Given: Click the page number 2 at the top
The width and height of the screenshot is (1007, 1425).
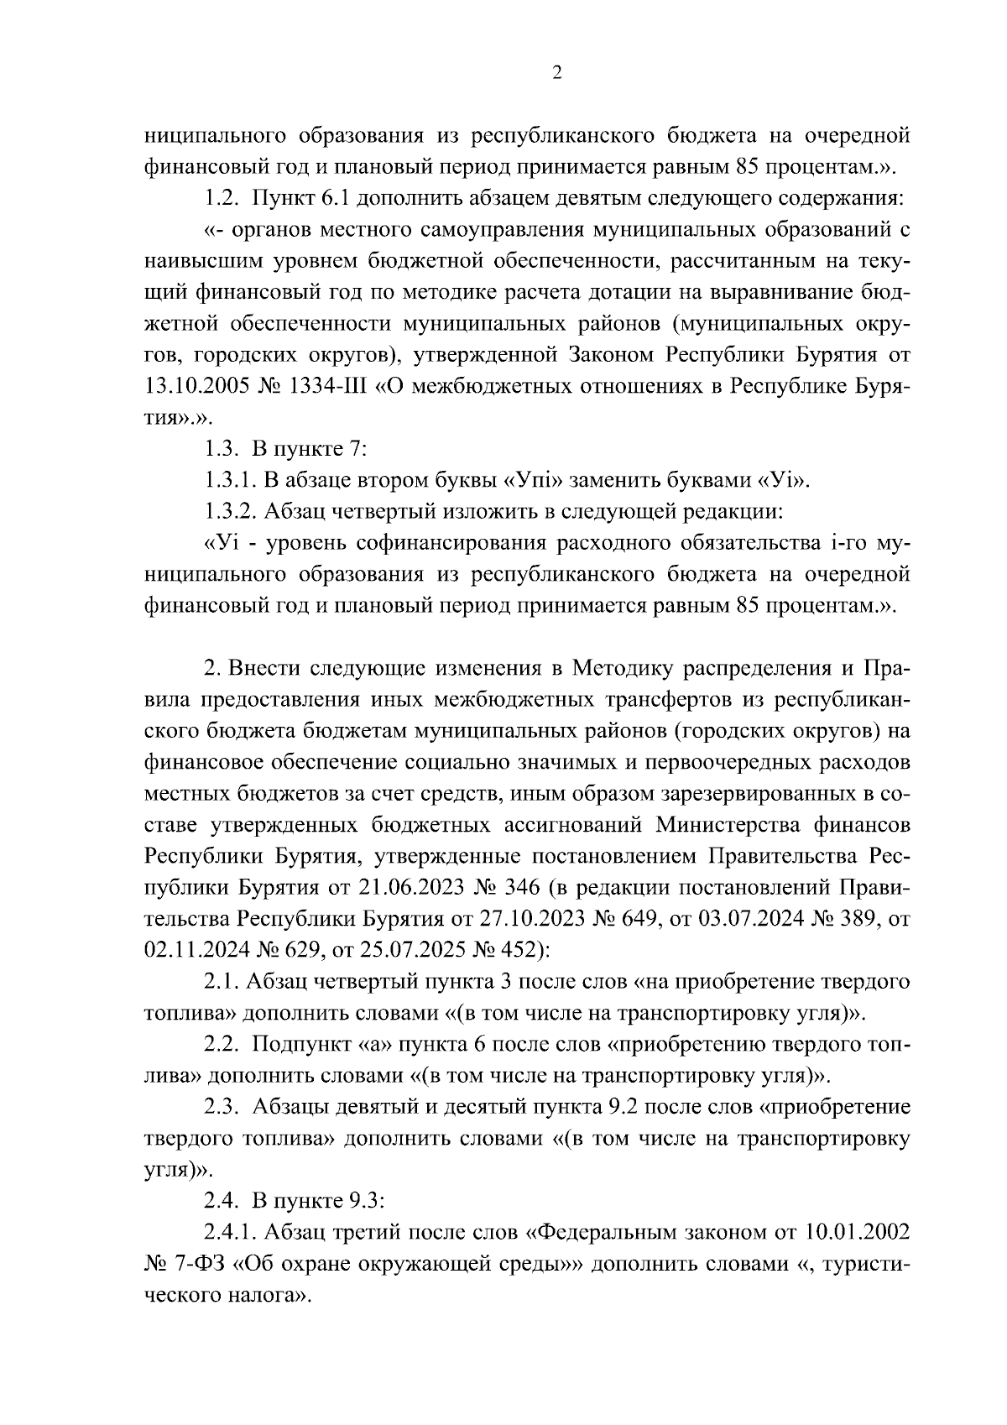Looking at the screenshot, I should click(x=556, y=73).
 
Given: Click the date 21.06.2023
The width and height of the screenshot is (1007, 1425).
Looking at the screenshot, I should click(x=405, y=887).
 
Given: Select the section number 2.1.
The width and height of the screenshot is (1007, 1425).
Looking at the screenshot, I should click(x=223, y=981).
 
